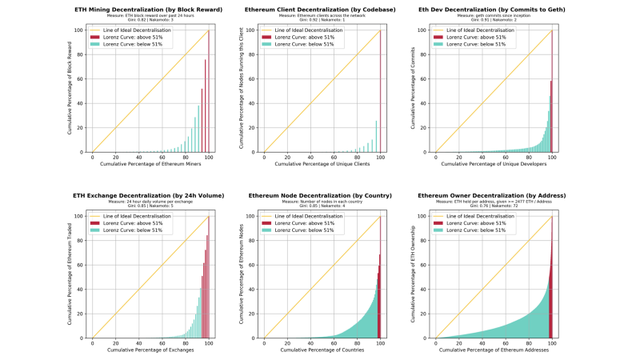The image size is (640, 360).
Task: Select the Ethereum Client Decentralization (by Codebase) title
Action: [322, 10]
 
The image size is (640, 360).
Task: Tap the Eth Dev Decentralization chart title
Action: [493, 10]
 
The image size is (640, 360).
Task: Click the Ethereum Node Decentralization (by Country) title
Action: [322, 195]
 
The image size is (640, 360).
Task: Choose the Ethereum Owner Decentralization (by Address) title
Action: [493, 195]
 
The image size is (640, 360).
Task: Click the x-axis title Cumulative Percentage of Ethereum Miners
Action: [150, 164]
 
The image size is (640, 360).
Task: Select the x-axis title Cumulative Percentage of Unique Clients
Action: [322, 164]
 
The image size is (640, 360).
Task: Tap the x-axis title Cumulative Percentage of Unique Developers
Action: [493, 164]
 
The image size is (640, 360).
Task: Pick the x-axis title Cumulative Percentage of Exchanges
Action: [150, 350]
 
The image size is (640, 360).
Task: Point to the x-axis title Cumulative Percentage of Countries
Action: [322, 350]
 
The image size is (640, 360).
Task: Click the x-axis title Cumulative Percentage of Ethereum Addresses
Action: [493, 350]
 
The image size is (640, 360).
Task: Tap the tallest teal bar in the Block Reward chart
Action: [198, 129]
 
